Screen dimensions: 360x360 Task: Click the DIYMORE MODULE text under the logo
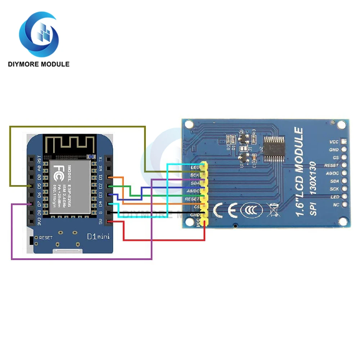pos(39,64)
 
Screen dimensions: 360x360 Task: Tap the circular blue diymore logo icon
pos(39,35)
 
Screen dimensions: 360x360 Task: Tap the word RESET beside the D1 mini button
pos(46,238)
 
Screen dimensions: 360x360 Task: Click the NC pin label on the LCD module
pos(336,205)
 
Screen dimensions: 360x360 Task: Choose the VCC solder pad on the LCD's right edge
pos(344,141)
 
